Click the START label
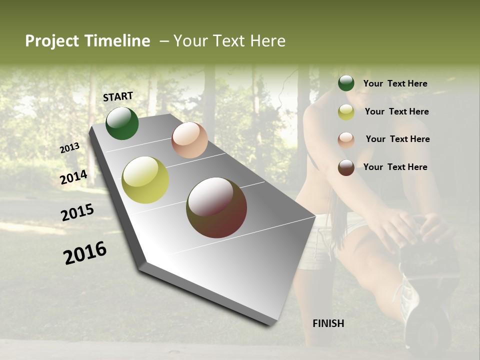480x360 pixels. pos(118,96)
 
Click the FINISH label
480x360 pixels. pos(328,323)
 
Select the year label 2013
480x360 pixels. pos(70,148)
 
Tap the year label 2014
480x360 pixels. pos(74,177)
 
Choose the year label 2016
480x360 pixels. pos(85,253)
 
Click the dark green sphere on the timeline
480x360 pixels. pos(122,123)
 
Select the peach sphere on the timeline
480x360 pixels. pos(189,140)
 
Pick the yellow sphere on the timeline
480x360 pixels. pos(145,180)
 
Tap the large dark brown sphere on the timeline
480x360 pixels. pos(216,207)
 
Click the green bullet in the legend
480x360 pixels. pos(346,83)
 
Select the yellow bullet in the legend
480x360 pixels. pos(346,111)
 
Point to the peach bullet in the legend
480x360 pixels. pos(346,139)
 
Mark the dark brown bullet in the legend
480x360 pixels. pos(346,167)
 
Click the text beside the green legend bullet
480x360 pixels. pos(395,83)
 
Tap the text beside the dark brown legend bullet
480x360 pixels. pos(395,167)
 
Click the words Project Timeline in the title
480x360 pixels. pos(87,41)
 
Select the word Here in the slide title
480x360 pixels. pos(267,41)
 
